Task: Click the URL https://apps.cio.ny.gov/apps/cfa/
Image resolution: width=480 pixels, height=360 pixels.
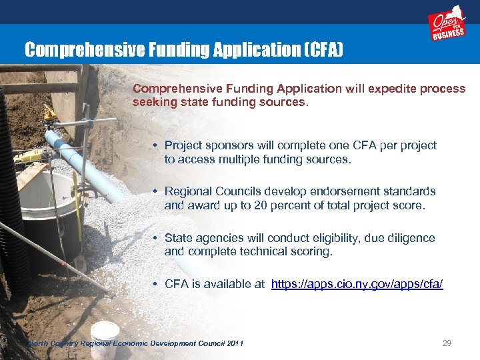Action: [357, 285]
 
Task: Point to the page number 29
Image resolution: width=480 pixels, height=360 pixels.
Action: [447, 343]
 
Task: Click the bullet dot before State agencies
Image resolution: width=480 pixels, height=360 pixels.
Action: [154, 238]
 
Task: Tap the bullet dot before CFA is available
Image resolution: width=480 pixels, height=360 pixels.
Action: [154, 285]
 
